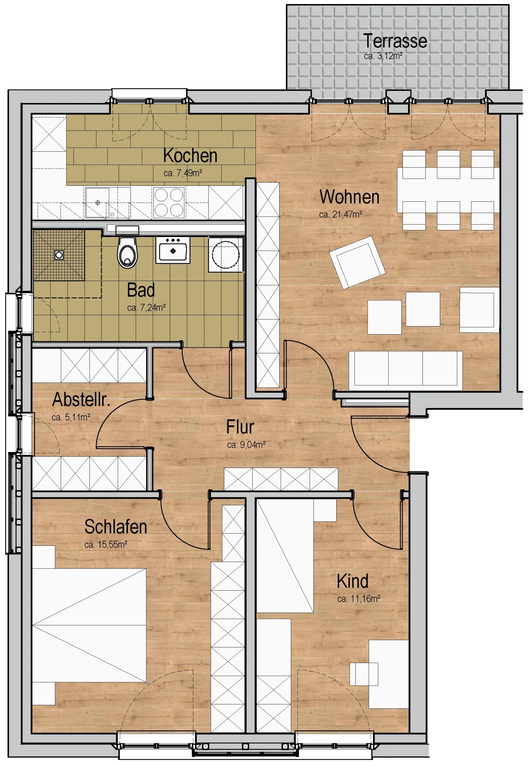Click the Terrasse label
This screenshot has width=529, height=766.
click(x=395, y=41)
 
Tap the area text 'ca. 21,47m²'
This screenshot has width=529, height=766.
click(x=340, y=215)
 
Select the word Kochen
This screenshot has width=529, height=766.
click(x=190, y=156)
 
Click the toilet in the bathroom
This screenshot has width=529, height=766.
click(x=127, y=252)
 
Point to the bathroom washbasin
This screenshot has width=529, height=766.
click(x=173, y=250)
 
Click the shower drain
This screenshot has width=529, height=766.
click(x=59, y=255)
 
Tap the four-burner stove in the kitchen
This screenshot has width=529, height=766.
click(x=169, y=202)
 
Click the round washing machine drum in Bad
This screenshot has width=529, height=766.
click(x=226, y=255)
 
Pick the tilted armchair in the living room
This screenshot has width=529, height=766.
click(x=357, y=262)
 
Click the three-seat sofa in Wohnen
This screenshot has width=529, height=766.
click(x=405, y=371)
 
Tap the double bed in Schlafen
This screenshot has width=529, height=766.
click(x=89, y=626)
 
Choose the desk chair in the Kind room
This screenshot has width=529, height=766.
click(x=364, y=674)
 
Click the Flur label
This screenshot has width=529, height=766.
click(x=240, y=427)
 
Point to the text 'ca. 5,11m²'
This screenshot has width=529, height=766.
click(x=71, y=417)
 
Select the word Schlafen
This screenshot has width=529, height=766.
click(x=116, y=527)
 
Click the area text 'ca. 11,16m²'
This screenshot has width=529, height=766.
click(x=359, y=599)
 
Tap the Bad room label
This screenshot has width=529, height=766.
click(x=141, y=290)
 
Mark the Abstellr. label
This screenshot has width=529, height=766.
click(x=81, y=399)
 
